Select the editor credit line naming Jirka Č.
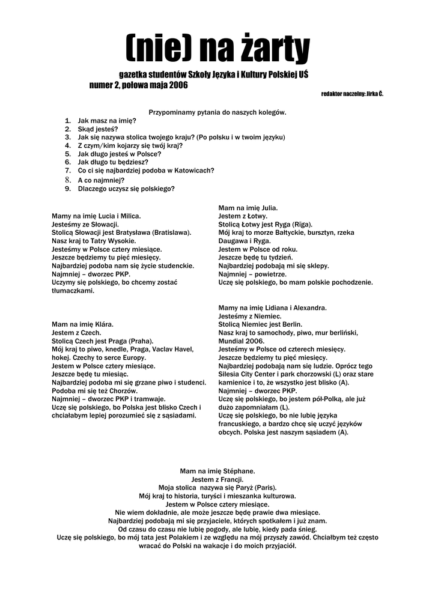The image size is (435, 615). tap(352, 94)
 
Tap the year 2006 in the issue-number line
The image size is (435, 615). tap(177, 85)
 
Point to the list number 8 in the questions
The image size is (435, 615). tap(68, 180)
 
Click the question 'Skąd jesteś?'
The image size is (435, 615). tap(98, 129)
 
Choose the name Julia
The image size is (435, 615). tap(266, 207)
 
